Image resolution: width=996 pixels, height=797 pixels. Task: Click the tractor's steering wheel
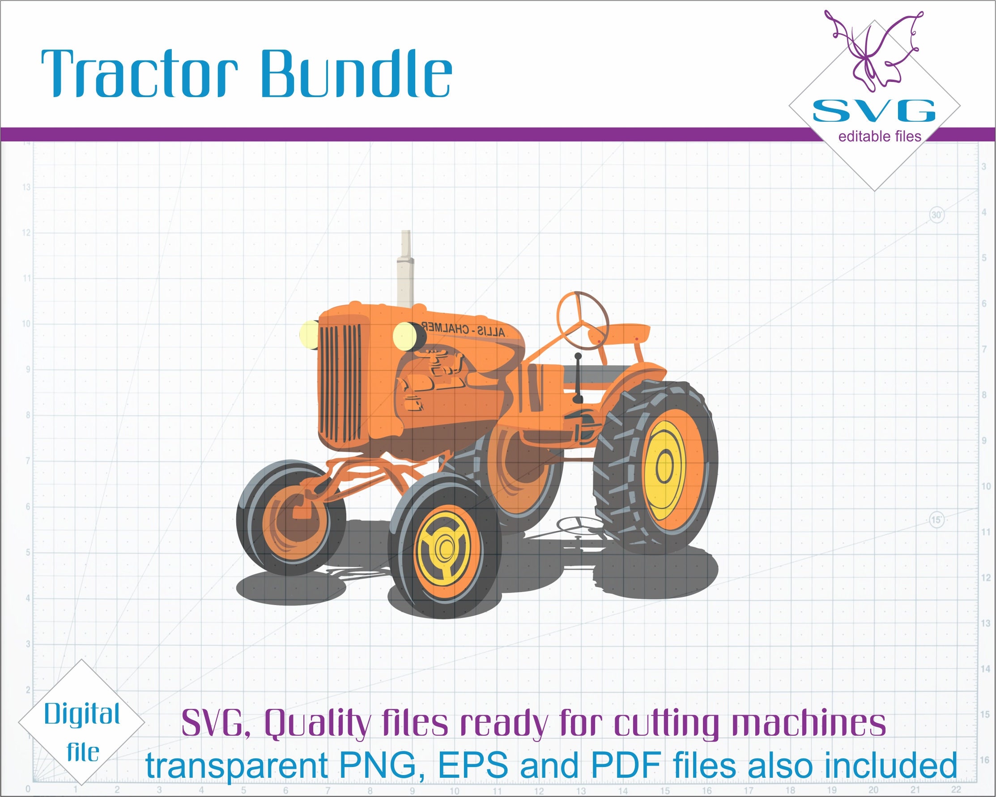tap(583, 321)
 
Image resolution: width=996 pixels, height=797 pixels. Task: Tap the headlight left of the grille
tap(308, 333)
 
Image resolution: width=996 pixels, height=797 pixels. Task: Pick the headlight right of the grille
tap(406, 336)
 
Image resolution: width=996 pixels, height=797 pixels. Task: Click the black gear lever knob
tap(578, 356)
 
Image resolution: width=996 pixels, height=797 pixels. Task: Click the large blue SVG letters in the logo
tap(873, 111)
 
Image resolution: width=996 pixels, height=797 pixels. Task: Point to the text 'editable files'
tap(880, 137)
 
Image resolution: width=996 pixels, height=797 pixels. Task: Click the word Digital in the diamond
tap(82, 715)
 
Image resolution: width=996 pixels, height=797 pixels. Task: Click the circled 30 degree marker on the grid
tap(936, 215)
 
